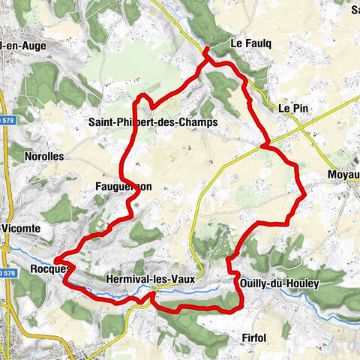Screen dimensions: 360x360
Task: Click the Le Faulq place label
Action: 250,43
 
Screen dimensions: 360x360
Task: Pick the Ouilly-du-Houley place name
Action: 280,283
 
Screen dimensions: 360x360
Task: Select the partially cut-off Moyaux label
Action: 343,175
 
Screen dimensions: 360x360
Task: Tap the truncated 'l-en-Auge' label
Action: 24,45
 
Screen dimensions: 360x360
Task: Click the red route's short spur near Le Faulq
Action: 207,52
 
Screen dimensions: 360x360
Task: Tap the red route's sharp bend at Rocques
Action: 55,261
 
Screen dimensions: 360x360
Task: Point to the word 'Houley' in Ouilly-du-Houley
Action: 301,283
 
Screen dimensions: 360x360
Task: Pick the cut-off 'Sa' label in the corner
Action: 354,10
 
